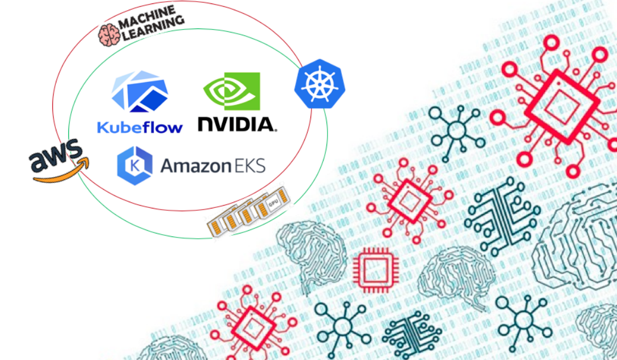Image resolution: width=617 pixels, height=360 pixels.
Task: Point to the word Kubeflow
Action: pos(140,126)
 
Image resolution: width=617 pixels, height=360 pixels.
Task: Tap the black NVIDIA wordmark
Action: pos(236,124)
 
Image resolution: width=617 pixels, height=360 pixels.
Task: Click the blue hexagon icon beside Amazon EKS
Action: pos(134,166)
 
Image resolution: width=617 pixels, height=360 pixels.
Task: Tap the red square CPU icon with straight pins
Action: pos(371,268)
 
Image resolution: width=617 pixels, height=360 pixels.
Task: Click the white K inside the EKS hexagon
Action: pos(134,166)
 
